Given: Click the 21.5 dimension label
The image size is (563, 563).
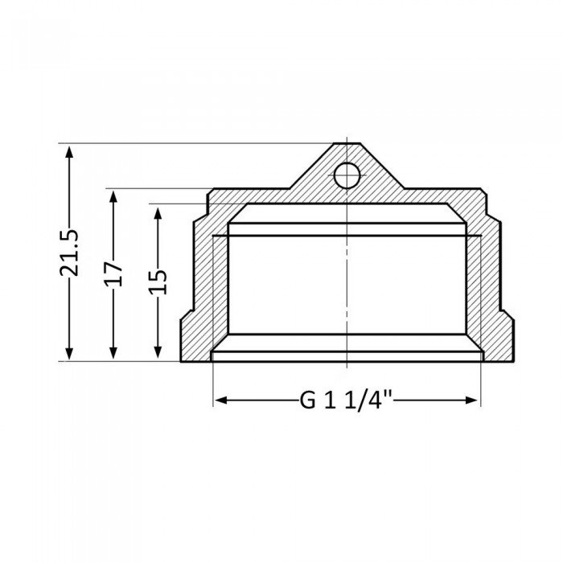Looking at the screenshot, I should pos(70,253).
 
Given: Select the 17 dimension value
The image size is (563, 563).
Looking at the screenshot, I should pos(113,273).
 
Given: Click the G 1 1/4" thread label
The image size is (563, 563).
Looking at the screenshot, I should pos(346,400).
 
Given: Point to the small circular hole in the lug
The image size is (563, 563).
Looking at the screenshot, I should pos(346,175).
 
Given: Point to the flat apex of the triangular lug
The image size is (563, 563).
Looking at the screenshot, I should pos(346,146).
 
